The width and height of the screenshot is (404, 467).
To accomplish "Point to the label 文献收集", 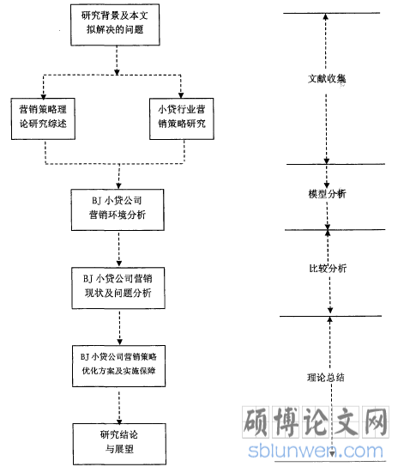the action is pos(327,79).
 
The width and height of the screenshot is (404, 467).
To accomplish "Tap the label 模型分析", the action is pos(327,194).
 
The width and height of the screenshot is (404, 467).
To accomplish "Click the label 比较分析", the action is pos(328,269).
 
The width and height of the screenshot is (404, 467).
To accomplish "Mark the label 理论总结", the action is pos(326,378).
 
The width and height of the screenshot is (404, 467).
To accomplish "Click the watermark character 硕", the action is pos(256,422).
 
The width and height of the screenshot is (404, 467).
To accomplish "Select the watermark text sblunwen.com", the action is pos(316,451).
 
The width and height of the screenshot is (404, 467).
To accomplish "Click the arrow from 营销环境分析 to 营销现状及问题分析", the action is pos(118,249).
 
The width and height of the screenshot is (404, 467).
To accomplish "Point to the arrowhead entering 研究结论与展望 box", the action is pos(119,422).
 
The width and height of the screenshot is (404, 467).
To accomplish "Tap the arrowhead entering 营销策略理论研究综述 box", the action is pos(44,96).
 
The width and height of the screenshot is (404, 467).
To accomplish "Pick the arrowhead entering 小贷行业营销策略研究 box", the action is pos(181,95).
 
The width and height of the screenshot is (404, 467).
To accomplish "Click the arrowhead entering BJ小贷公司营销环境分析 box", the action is pos(118,186).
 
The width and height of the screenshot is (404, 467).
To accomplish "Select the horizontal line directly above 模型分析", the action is pos(335,164).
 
